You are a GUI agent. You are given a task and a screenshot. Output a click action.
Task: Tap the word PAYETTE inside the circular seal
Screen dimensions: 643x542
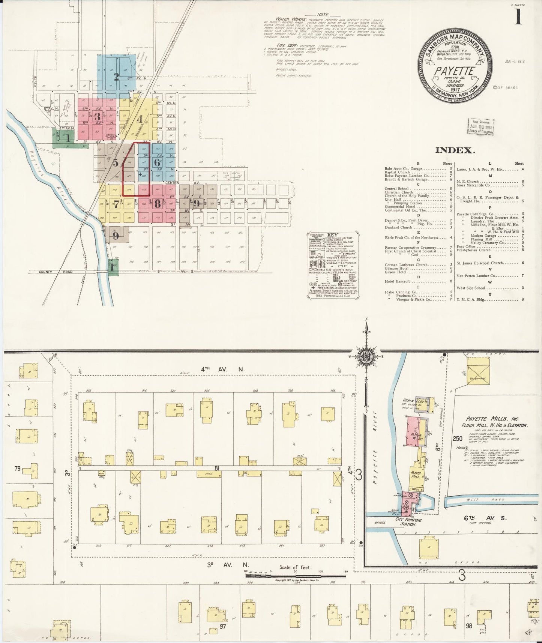point(454,70)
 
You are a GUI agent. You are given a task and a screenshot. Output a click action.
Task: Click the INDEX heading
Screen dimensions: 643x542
point(455,150)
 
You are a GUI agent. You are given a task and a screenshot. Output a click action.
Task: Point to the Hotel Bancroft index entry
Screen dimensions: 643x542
point(397,281)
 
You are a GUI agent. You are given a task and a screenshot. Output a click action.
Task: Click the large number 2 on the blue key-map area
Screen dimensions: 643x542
point(116,77)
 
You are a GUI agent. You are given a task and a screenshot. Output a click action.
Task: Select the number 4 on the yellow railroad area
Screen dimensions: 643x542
point(139,120)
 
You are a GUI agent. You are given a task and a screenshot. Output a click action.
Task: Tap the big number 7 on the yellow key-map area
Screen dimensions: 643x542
point(117,204)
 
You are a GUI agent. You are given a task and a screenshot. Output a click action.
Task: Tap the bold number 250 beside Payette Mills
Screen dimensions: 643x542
point(458,439)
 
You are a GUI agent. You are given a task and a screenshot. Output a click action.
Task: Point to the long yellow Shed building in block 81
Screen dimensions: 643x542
point(209,474)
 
